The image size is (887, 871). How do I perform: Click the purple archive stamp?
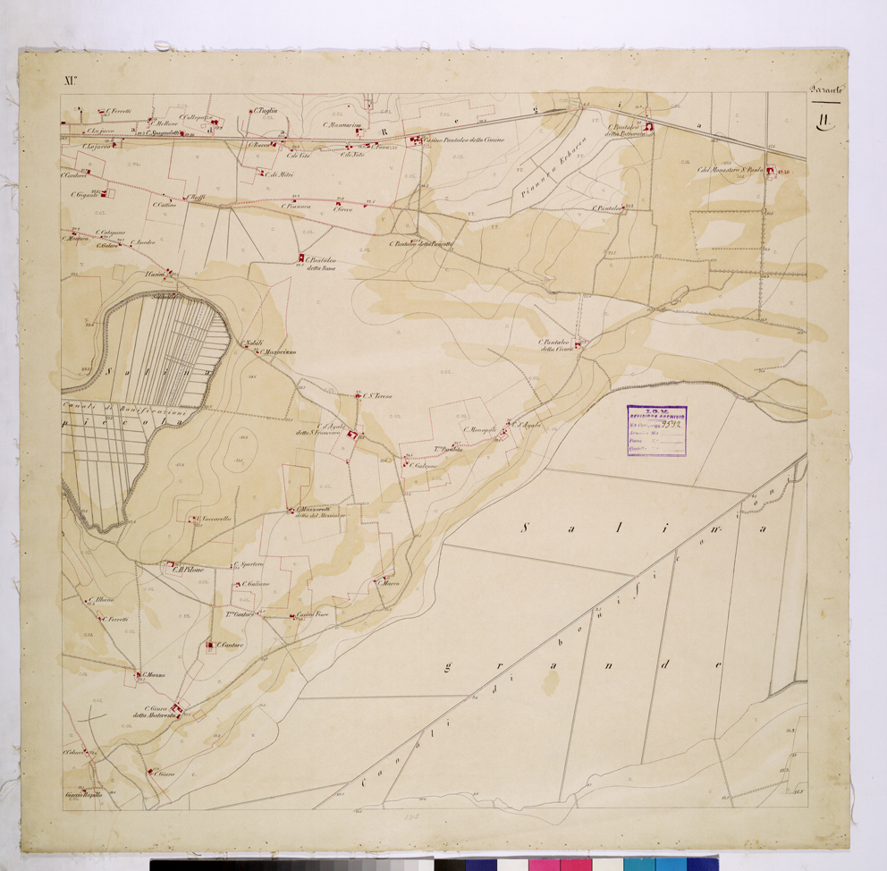657,431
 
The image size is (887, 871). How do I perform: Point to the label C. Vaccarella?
214,519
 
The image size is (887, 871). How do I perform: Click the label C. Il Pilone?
188,569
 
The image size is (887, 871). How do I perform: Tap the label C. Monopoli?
479,429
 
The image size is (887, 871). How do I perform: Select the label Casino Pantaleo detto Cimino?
464,140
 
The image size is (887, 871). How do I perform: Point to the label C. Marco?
390,584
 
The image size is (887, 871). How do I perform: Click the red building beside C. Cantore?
211,643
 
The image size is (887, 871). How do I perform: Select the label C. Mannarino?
339,125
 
